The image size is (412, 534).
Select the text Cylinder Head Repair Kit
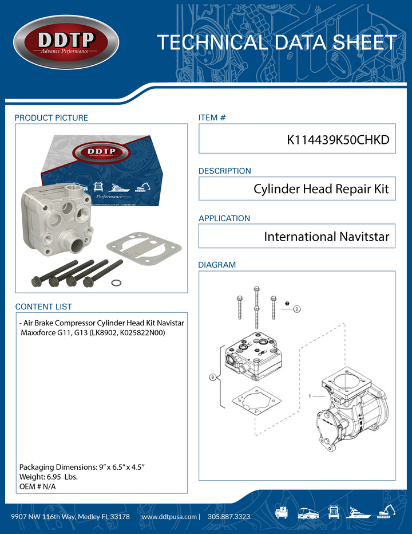pos(321,189)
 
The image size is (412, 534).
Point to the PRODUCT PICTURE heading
pos(51,118)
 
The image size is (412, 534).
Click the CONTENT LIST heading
pos(43,307)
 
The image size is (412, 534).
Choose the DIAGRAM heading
pos(217,265)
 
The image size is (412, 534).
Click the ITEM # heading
pos(212,118)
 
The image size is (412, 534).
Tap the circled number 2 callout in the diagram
pos(297,309)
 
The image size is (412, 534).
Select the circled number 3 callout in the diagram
pos(212,378)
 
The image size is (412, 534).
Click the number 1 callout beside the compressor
pos(310,396)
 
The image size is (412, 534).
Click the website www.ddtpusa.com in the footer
pos(169,517)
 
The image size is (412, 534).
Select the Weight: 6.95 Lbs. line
pos(49,477)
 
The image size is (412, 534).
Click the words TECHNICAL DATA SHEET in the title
pos(276,43)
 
